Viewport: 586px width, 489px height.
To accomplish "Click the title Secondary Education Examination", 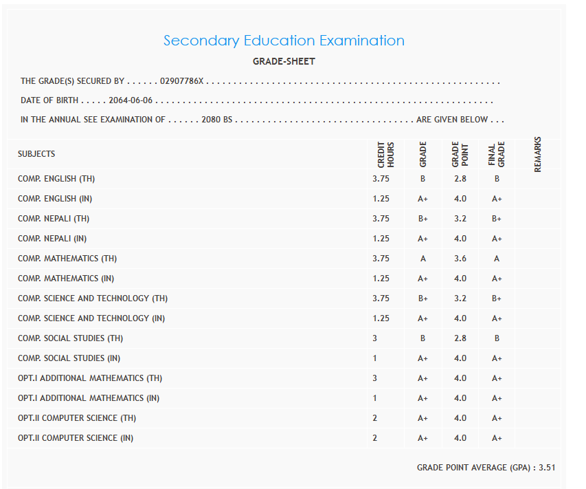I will [284, 41].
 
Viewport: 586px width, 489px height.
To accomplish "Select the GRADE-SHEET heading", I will [284, 62].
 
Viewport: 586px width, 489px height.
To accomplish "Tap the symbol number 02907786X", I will [182, 81].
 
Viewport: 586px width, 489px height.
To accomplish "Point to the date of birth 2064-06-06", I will [131, 100].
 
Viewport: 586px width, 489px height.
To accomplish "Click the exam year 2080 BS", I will [218, 120].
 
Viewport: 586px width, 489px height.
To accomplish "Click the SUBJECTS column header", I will [36, 154].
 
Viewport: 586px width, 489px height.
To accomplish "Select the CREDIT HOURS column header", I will [386, 155].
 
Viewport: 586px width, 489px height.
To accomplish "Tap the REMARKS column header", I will [537, 154].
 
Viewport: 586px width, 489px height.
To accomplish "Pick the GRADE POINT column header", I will [460, 155].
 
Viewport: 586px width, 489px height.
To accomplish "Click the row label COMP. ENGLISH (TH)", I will [56, 179].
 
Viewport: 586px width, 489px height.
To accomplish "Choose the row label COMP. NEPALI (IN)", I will [52, 239].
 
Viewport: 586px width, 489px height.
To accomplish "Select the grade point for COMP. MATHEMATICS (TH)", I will [460, 259].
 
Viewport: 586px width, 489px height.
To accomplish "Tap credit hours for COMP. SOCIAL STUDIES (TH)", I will [374, 338].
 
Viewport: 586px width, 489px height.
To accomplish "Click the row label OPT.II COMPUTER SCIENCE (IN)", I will [76, 438].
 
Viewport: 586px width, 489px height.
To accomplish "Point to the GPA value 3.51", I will [547, 468].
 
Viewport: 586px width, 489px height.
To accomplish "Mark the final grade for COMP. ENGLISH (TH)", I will [497, 179].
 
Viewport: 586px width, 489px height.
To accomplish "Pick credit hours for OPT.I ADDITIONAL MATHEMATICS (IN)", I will [374, 398].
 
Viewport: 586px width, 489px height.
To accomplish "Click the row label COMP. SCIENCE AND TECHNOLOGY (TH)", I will [93, 298].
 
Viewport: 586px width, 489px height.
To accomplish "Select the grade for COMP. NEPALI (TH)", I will [423, 219].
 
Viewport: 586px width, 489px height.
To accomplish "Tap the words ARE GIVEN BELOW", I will [452, 120].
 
